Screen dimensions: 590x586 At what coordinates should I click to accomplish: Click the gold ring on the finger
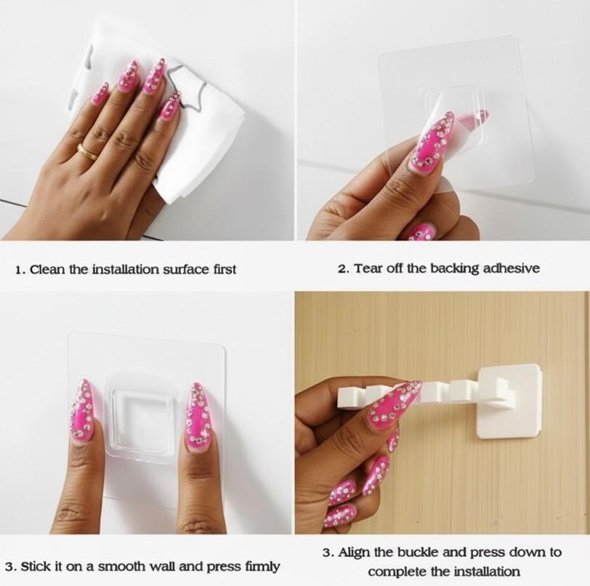pos(88,151)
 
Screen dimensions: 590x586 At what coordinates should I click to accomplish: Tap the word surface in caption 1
pos(187,270)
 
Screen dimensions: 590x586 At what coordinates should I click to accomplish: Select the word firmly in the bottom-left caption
pos(262,567)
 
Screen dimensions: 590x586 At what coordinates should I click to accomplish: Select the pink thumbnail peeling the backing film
pos(433,143)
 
